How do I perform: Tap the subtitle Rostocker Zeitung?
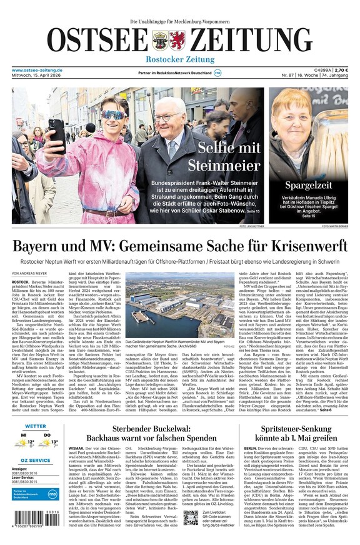tap(180, 59)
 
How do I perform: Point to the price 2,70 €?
tap(341, 70)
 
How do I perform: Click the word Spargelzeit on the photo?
tap(309, 186)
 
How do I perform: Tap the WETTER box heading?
tap(36, 426)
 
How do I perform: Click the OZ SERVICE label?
tap(36, 460)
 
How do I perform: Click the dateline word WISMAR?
tap(76, 449)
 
